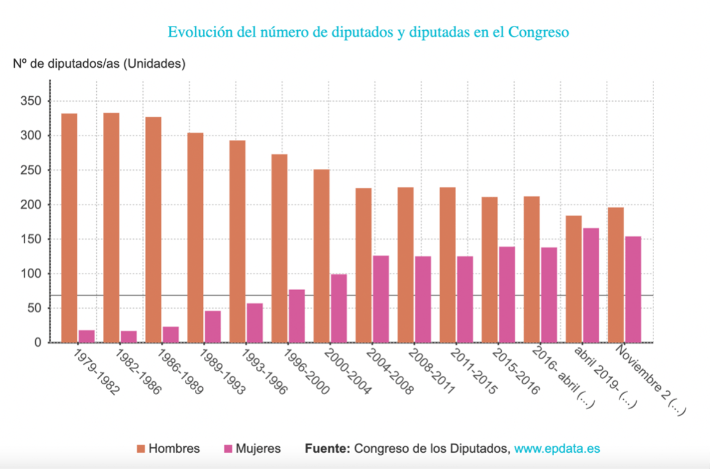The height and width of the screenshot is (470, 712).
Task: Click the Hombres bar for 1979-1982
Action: point(69,227)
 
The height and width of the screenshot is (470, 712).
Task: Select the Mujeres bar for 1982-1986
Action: point(129,336)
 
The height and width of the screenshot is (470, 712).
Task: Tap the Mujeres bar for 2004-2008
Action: point(381,299)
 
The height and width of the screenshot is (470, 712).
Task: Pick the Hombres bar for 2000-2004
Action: point(322,256)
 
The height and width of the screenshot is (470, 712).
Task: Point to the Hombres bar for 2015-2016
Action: point(489,269)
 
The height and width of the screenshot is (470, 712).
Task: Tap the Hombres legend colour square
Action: point(141,449)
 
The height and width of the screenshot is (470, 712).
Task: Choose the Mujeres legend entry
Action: point(250,449)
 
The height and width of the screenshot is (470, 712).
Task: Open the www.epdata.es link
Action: point(557,449)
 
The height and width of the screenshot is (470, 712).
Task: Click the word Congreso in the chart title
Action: point(538,32)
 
